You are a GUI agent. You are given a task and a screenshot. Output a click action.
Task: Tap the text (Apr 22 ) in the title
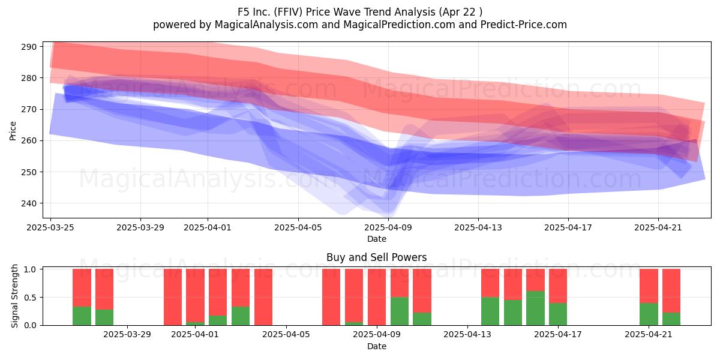coord(460,12)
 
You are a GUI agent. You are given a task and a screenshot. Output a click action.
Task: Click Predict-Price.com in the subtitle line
coord(524,25)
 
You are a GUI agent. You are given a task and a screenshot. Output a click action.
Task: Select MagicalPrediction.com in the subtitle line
coord(399,25)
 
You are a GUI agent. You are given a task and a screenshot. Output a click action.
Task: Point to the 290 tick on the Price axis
coord(29,47)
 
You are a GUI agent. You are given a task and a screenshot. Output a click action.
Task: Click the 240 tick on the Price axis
coord(29,203)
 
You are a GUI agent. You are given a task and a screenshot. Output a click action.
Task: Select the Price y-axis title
coord(13,131)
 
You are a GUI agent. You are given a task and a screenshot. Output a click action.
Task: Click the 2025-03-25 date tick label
coord(50,227)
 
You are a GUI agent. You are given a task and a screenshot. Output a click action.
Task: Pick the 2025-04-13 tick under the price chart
coord(478,227)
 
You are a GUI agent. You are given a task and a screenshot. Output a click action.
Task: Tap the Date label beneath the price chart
coord(377,239)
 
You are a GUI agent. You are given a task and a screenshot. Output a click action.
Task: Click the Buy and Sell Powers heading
coord(377,257)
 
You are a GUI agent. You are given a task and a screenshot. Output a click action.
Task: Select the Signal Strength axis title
coord(14,296)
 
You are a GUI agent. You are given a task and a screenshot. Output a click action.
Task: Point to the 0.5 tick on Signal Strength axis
coord(31,298)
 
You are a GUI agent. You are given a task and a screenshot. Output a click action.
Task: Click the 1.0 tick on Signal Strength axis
coord(31,269)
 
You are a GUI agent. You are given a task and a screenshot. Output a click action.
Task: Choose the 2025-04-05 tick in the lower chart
coord(286,335)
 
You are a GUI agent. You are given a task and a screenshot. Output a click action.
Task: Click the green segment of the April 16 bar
coord(535,308)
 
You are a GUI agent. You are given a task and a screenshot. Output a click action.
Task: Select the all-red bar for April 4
coord(263,297)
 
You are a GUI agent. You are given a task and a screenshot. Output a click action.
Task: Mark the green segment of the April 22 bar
coord(671,319)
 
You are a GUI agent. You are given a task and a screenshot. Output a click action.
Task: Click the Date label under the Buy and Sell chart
coord(377,346)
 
